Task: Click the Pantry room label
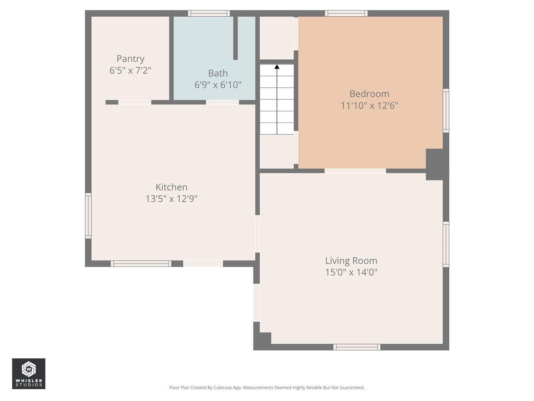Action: pos(130,59)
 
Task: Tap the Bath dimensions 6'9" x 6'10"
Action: pos(218,85)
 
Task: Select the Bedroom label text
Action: pos(369,94)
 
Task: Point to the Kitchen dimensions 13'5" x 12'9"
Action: pos(171,199)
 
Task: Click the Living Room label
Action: pos(351,261)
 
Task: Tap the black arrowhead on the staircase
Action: pos(277,67)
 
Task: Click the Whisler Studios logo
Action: pos(28,373)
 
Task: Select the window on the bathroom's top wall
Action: pos(209,13)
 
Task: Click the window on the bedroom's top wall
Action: pos(346,13)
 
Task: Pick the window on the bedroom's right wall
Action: pos(446,111)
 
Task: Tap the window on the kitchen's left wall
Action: pos(88,216)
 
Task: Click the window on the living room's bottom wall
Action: pos(357,347)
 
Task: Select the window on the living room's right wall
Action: pos(446,244)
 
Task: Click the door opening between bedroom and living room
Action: pos(355,170)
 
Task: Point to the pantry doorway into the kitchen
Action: pos(135,102)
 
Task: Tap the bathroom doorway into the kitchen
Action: pos(222,102)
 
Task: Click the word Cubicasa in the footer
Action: pos(223,388)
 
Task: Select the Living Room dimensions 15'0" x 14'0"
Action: pos(351,272)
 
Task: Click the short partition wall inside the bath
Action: pos(235,38)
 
